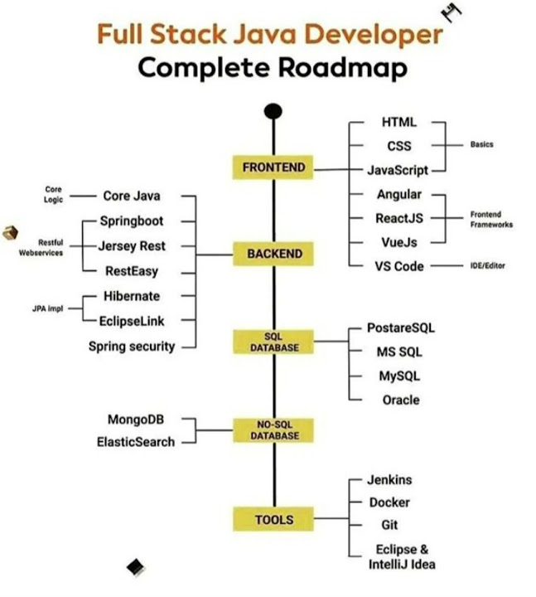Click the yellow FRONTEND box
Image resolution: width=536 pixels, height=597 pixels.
coord(273,167)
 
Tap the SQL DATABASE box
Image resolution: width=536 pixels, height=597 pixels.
coord(273,342)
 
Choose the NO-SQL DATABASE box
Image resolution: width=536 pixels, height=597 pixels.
coord(273,429)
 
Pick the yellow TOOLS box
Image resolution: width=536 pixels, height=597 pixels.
coord(273,520)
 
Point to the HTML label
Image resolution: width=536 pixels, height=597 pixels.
coord(398,122)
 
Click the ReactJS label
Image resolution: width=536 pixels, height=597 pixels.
coord(398,219)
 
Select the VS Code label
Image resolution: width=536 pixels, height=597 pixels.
coord(398,266)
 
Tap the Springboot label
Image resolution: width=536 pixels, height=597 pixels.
coord(132,221)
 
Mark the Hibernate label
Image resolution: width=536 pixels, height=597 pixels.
coord(132,296)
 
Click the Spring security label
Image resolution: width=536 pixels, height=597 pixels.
coord(132,347)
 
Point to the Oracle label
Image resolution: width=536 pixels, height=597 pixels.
coord(400,400)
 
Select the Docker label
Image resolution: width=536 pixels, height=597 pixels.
coord(389,502)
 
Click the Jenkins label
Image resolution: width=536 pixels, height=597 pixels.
coord(389,480)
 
